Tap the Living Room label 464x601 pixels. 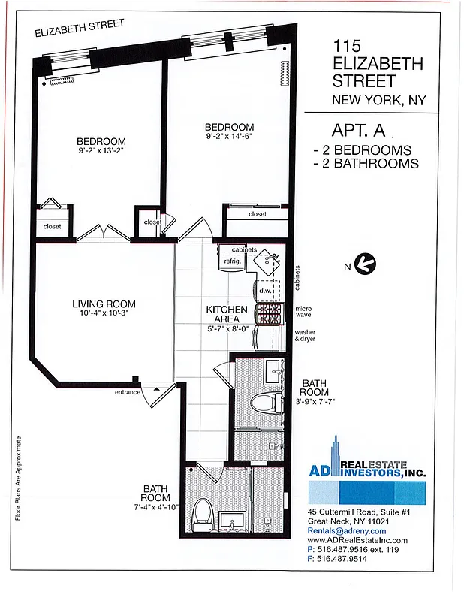point(104,304)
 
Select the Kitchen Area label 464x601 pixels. point(227,313)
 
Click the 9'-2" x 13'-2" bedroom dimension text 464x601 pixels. point(101,150)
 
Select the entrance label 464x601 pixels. point(128,392)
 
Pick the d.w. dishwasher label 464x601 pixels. point(265,290)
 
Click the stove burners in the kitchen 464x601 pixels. point(268,313)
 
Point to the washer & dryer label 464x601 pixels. point(306,335)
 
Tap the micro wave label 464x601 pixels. point(303,311)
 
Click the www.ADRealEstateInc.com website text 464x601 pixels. point(357,540)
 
